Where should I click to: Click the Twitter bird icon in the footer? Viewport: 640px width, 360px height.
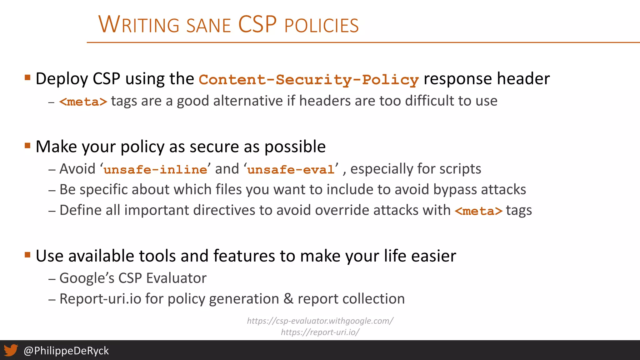11,350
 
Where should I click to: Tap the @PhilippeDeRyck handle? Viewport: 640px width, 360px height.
66,351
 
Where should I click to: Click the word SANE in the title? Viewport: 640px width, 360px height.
208,26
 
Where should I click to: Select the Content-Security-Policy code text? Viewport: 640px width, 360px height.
308,79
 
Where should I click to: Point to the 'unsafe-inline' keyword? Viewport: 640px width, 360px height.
155,170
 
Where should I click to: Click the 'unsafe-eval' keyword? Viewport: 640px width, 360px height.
291,170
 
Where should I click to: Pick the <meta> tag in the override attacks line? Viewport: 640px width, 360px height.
478,211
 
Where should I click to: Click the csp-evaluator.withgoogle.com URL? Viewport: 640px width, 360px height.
320,321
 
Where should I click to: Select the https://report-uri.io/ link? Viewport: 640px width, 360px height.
320,332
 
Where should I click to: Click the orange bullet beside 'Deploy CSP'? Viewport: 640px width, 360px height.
27,77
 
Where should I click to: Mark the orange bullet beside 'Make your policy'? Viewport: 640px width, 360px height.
27,145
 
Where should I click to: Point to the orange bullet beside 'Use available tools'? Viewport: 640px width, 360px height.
27,255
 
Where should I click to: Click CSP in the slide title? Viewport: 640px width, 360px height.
257,24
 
